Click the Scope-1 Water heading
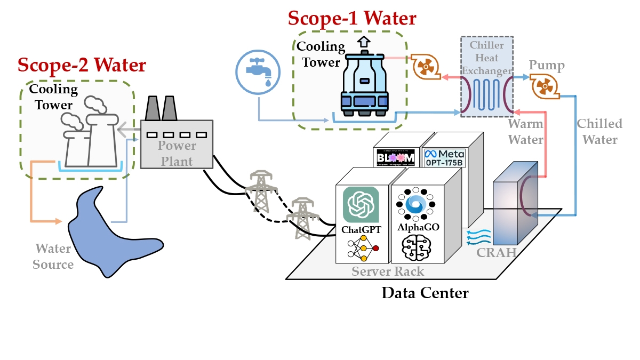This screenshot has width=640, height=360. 352,18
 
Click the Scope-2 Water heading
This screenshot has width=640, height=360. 82,65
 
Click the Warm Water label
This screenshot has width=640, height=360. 525,132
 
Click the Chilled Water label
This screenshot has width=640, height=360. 599,132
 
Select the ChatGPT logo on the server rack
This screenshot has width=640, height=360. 361,205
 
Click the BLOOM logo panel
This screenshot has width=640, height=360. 396,158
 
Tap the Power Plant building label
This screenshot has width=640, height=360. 177,153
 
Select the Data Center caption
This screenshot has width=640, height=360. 425,293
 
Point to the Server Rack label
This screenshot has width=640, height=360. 388,271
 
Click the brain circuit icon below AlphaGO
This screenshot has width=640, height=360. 418,249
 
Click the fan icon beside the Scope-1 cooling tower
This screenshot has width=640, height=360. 424,66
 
